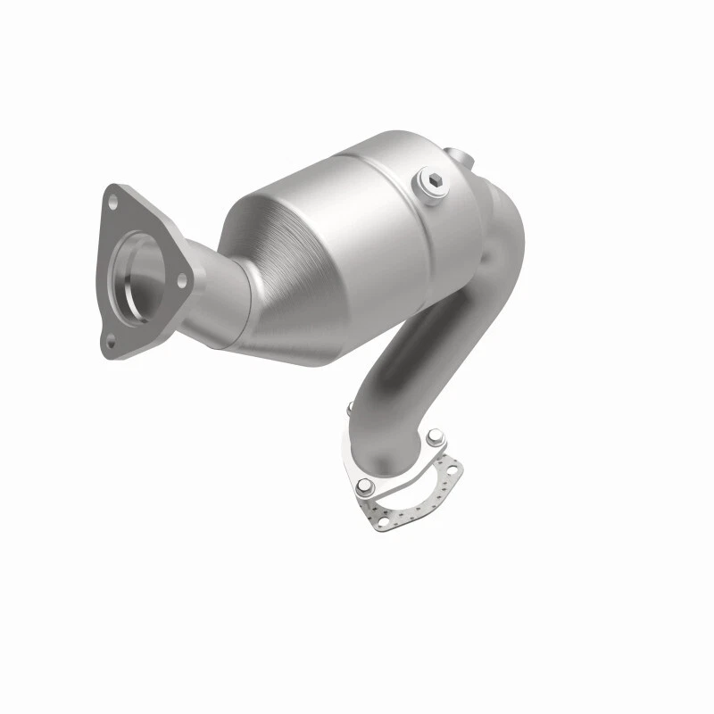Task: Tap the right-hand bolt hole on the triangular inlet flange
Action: [x=181, y=279]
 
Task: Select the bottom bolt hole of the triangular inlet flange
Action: [x=112, y=339]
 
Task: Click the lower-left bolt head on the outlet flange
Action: [x=364, y=487]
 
